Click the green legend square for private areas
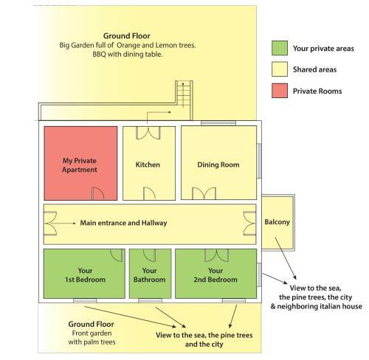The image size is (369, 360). pyautogui.click(x=280, y=48)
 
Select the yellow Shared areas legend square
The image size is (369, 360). pyautogui.click(x=280, y=69)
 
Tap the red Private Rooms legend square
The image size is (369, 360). pyautogui.click(x=280, y=91)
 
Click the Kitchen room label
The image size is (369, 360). pyautogui.click(x=148, y=165)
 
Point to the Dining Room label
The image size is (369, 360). pyautogui.click(x=218, y=165)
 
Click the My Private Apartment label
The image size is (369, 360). pyautogui.click(x=80, y=165)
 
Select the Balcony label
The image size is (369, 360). pyautogui.click(x=277, y=222)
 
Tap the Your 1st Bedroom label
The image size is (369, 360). pyautogui.click(x=85, y=275)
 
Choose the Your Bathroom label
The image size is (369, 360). pyautogui.click(x=149, y=275)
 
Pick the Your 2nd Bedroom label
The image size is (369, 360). pyautogui.click(x=215, y=275)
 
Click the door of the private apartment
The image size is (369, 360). pyautogui.click(x=98, y=193)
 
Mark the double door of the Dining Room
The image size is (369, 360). pyautogui.click(x=204, y=193)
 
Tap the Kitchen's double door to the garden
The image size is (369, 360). pyautogui.click(x=148, y=133)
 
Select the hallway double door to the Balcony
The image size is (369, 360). pyautogui.click(x=249, y=224)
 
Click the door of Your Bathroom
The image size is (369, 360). pyautogui.click(x=149, y=255)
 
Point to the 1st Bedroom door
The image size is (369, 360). pyautogui.click(x=117, y=255)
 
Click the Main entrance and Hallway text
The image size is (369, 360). pyautogui.click(x=123, y=223)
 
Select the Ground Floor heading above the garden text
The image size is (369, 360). pyautogui.click(x=127, y=36)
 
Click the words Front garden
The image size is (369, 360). pyautogui.click(x=92, y=333)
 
